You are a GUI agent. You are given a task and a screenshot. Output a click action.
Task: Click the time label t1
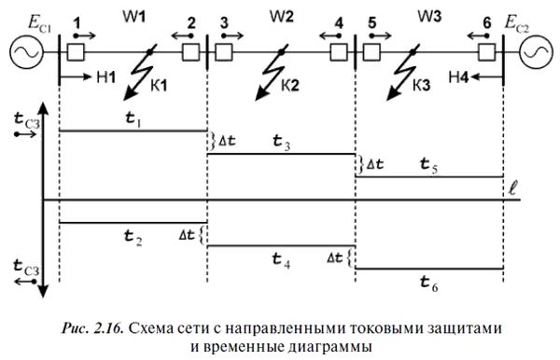[133, 119]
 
